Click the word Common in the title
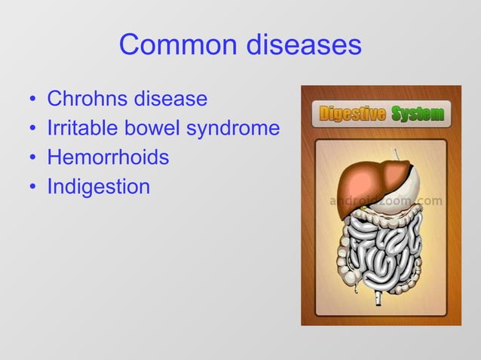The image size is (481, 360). click(177, 45)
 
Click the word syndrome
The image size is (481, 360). click(233, 129)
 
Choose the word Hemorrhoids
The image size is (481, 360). click(108, 157)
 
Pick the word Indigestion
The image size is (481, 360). click(99, 186)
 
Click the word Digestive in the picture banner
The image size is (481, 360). click(353, 114)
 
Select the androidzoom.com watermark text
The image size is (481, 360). click(386, 202)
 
